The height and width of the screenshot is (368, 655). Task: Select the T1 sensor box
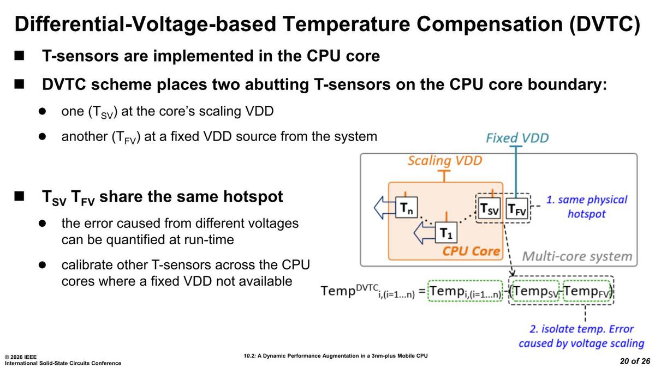point(447,233)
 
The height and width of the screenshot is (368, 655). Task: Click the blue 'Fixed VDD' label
point(517,137)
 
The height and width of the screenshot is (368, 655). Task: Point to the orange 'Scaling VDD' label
point(445,161)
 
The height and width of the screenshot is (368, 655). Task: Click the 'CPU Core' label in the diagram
point(471,251)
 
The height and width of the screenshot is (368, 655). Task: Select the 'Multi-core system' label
point(577,256)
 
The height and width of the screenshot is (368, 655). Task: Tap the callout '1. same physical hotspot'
point(587,207)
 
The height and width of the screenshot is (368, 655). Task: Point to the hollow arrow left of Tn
point(384,208)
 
